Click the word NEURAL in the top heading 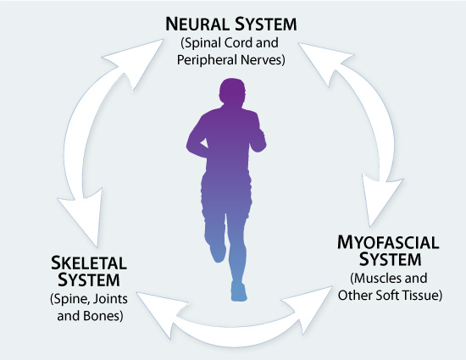coord(197,24)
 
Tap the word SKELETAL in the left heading coord(89,263)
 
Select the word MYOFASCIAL coord(388,242)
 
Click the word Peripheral coord(207,60)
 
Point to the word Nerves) coord(263,59)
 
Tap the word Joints coord(111,298)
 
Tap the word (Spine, coord(71,299)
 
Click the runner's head coord(232,91)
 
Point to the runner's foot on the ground coord(239,292)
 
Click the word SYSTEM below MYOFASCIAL coord(391,259)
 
